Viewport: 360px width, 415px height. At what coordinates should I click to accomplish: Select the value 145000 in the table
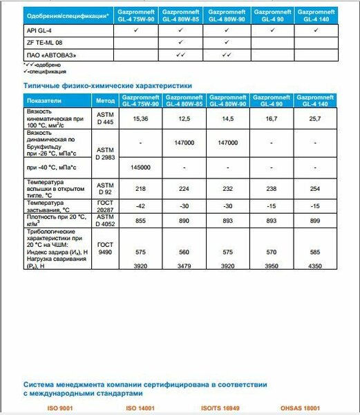coord(141,168)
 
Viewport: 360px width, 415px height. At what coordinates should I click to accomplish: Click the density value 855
coord(141,219)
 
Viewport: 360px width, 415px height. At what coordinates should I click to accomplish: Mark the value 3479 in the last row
coord(184,266)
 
